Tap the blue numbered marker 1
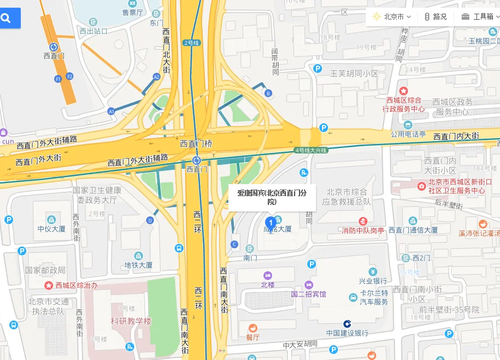pos(270,222)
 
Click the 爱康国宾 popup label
pos(272,197)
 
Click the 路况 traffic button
pos(436,16)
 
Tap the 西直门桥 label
pos(196,144)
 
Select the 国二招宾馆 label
pos(308,294)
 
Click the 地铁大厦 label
pos(138,265)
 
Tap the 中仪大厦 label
pos(51,228)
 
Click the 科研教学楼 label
pos(131,321)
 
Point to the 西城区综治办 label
pos(76,285)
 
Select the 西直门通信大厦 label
pos(413,230)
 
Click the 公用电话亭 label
pos(408,134)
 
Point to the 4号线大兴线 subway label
pos(311,150)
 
